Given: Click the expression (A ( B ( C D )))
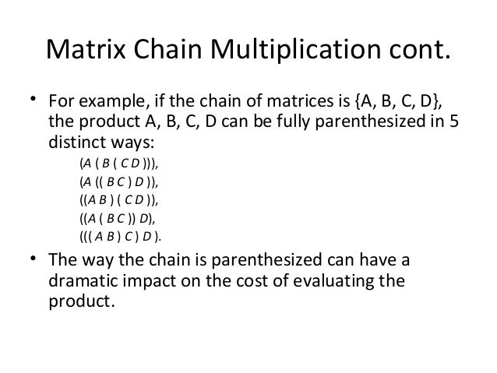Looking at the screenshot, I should [122, 165].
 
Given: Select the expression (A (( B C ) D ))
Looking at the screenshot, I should [122, 183].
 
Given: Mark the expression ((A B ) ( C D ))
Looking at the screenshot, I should [122, 201].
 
